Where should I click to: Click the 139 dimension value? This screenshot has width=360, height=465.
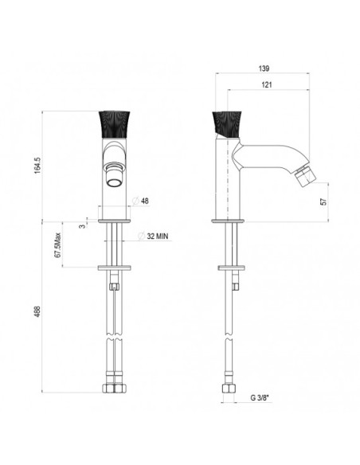click(264, 68)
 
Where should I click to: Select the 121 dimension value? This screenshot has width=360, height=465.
click(267, 85)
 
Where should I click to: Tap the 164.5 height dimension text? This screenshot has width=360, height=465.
click(37, 165)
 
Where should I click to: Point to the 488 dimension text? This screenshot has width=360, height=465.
click(37, 311)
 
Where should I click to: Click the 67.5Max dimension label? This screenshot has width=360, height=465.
click(58, 245)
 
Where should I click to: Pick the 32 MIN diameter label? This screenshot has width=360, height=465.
click(154, 236)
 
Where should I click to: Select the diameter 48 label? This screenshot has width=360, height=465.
click(140, 201)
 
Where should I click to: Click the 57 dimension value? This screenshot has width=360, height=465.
click(324, 201)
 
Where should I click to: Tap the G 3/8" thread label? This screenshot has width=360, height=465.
click(261, 398)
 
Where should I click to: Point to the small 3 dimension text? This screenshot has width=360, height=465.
click(82, 226)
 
